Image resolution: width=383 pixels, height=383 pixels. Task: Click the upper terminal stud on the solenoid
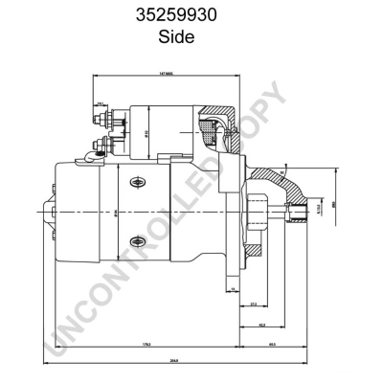pyautogui.click(x=101, y=122)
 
